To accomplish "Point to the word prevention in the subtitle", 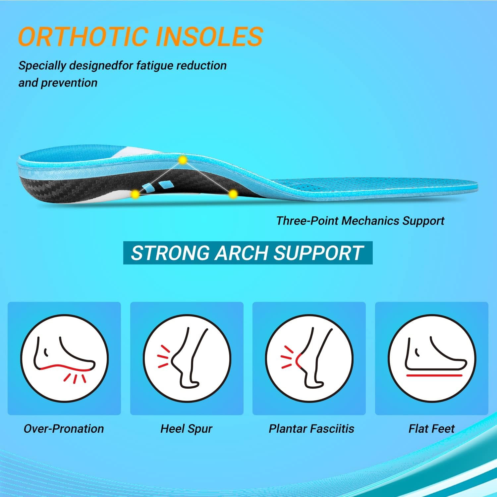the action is (x=69, y=83).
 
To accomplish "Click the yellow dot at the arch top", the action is (x=182, y=160).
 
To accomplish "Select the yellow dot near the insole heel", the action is (x=135, y=194).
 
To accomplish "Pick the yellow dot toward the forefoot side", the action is (x=233, y=194).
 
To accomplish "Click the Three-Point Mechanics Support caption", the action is (x=360, y=221).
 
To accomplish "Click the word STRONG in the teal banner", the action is (x=171, y=253).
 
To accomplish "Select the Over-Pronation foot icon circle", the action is (x=64, y=359).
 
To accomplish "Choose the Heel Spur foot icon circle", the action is (x=187, y=359).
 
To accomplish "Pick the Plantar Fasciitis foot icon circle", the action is (x=309, y=359).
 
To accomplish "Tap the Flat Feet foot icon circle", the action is (x=432, y=359).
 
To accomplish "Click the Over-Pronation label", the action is (x=64, y=429).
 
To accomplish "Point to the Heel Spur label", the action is (x=186, y=429).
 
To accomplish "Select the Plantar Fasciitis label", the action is (x=311, y=429).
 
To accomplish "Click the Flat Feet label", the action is (x=431, y=429).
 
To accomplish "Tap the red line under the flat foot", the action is (x=434, y=375).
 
